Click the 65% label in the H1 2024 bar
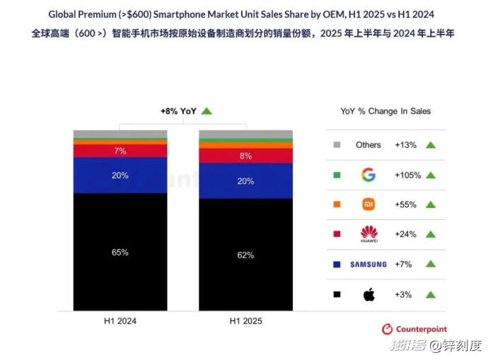[120, 252]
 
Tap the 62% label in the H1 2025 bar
[245, 255]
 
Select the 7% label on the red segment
[120, 151]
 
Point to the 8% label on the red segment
[245, 156]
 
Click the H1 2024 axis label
[120, 320]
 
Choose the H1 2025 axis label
[245, 320]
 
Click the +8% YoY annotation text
[178, 111]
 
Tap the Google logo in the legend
[368, 175]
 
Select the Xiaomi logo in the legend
[368, 204]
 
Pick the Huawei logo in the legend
[368, 233]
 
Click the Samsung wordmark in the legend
[368, 265]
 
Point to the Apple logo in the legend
[368, 294]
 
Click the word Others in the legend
[368, 145]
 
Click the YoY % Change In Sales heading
[385, 111]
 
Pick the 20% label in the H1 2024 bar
[120, 175]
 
